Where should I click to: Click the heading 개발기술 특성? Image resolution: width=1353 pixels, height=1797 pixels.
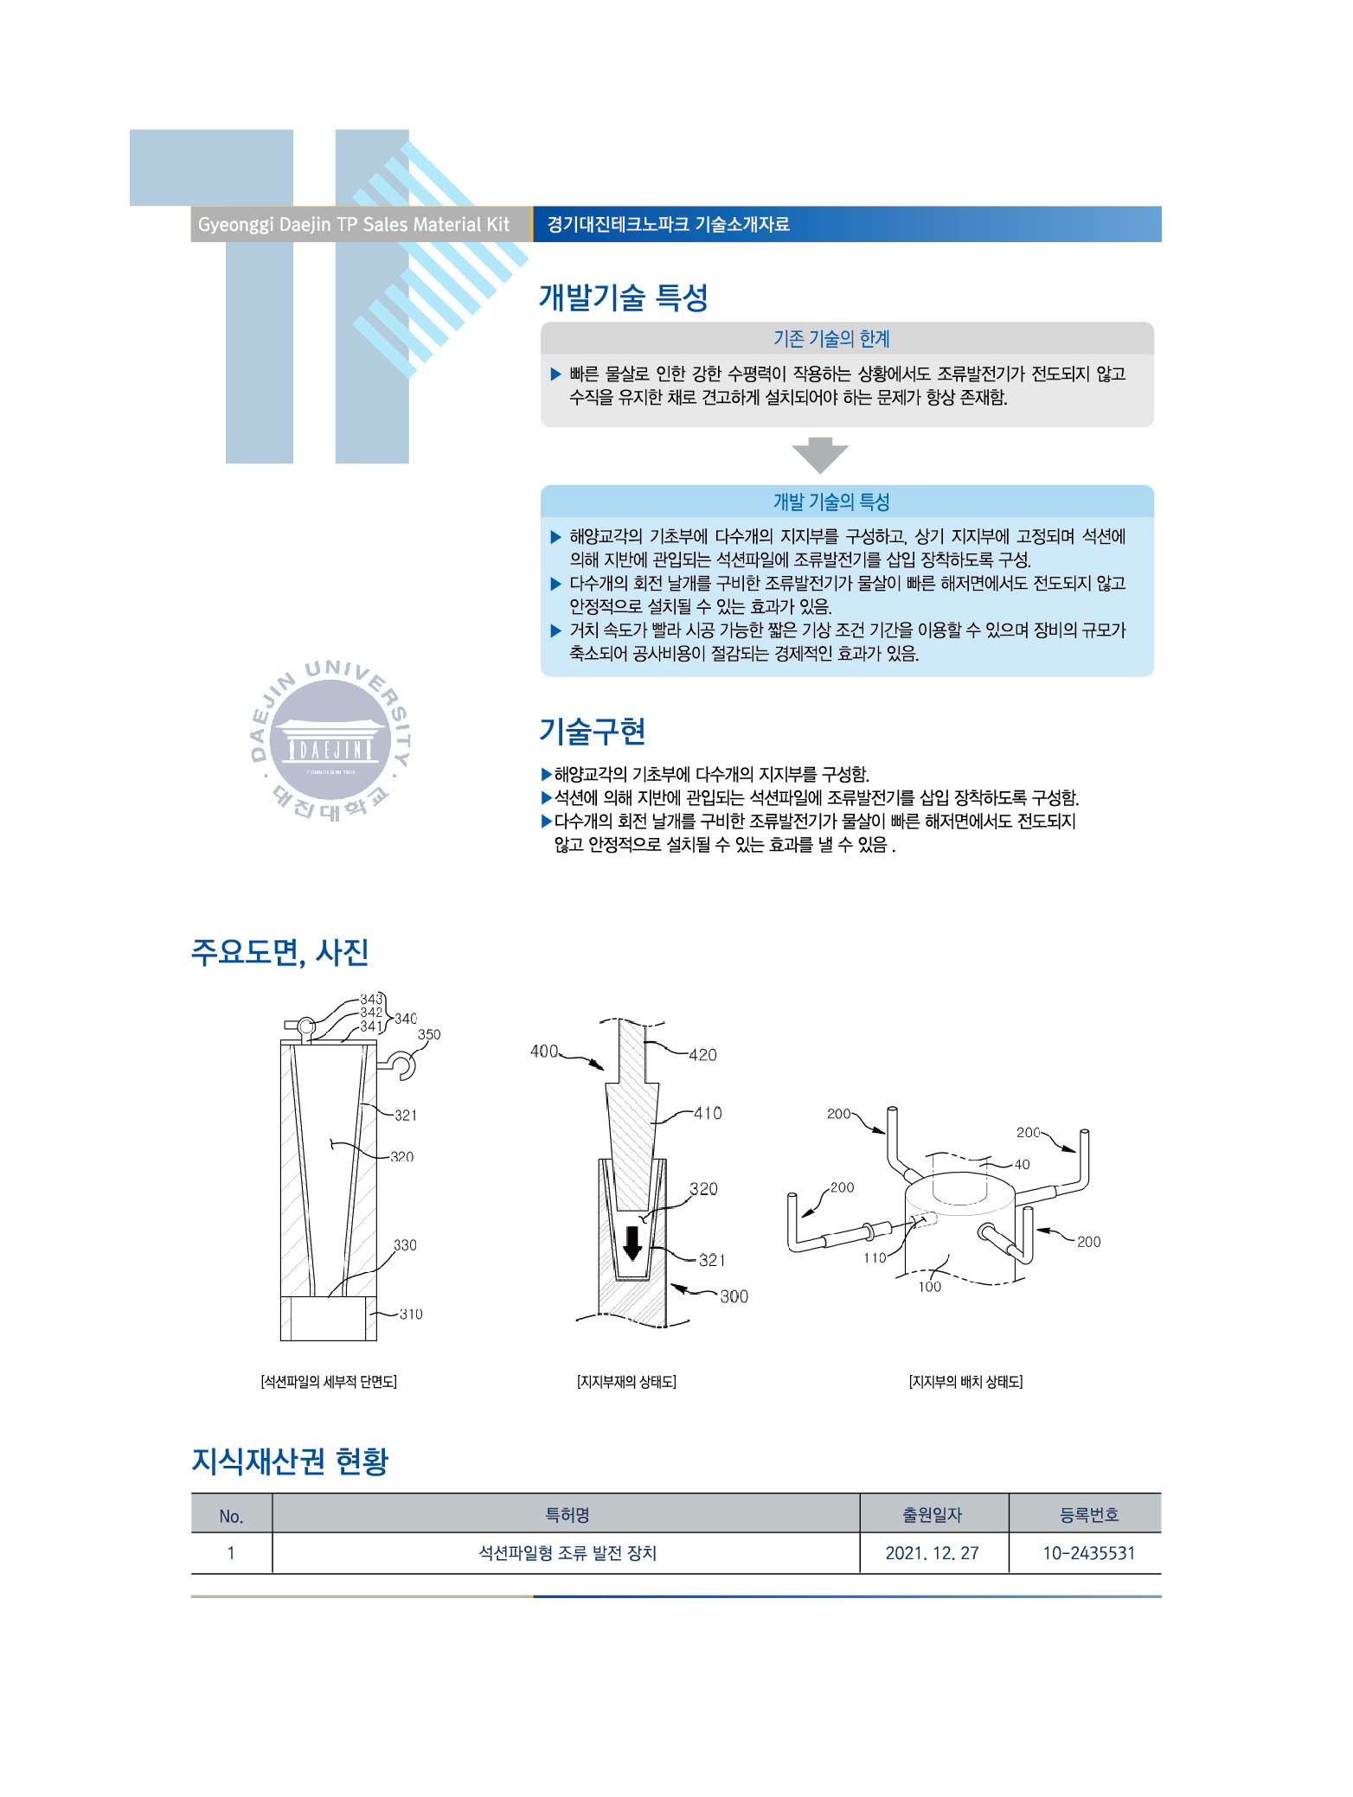point(623,297)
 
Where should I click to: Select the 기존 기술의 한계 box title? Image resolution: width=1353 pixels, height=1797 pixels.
point(831,338)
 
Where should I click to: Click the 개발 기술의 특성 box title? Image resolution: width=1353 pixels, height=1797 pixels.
point(831,502)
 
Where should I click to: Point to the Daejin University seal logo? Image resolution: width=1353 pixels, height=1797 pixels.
point(330,740)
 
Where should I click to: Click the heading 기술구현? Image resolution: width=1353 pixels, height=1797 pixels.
point(592,732)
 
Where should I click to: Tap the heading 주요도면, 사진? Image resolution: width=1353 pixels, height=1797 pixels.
point(279,952)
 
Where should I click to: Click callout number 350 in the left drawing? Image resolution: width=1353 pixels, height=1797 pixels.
point(429,1034)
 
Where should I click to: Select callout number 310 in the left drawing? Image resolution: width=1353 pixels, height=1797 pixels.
point(411,1314)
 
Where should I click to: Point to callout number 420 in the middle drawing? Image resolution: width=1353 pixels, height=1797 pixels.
point(702,1054)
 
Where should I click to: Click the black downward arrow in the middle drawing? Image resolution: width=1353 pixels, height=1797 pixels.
point(632,1243)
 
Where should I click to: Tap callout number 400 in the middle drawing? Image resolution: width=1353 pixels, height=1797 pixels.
point(544,1051)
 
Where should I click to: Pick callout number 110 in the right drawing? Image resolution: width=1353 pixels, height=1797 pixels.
point(875,1257)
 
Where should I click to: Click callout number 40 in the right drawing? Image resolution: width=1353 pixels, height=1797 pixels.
point(1022,1164)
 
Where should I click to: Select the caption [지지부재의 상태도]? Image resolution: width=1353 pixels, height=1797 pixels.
point(626,1382)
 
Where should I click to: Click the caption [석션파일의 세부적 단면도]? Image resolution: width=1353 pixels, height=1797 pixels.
point(329,1382)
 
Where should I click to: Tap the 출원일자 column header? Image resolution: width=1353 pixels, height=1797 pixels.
point(933,1514)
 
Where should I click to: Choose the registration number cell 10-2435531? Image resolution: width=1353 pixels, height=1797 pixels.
point(1088,1553)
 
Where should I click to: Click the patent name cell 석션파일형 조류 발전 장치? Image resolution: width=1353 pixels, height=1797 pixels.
point(567,1553)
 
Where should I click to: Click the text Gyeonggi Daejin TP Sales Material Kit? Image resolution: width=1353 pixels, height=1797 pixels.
point(354,225)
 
